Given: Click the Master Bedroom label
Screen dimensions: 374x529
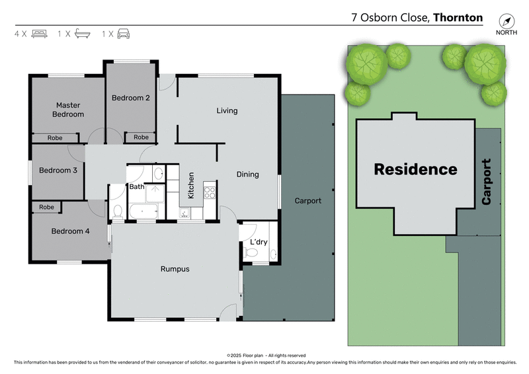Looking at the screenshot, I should click(x=69, y=110).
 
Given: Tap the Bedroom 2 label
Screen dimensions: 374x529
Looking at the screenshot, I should click(x=130, y=98).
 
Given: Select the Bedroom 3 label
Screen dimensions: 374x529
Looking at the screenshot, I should click(x=58, y=170).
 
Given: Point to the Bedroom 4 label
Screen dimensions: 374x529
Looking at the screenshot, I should click(x=70, y=231).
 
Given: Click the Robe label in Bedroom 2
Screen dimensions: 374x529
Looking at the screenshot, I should click(x=141, y=137).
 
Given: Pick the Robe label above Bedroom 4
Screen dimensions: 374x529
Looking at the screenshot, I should click(x=46, y=207).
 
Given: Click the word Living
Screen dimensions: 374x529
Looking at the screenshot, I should click(x=227, y=111).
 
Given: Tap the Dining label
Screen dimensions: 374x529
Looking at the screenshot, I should click(x=248, y=174).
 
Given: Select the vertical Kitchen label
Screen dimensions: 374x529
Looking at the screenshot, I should click(x=191, y=186).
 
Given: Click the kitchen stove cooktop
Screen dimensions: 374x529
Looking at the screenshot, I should click(x=210, y=192).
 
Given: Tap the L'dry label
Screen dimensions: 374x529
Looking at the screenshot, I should click(x=258, y=243).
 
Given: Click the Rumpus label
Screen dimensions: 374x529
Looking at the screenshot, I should click(x=175, y=269).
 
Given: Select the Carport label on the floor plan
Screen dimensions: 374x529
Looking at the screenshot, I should click(x=307, y=201).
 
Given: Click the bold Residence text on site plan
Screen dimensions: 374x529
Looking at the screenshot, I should click(x=415, y=169).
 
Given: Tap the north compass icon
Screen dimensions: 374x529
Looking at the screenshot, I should click(x=507, y=20).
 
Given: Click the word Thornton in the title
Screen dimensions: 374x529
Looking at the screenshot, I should click(x=458, y=18).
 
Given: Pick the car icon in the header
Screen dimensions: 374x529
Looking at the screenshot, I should click(x=123, y=33).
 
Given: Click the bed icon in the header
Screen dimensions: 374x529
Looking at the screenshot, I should click(x=39, y=33).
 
